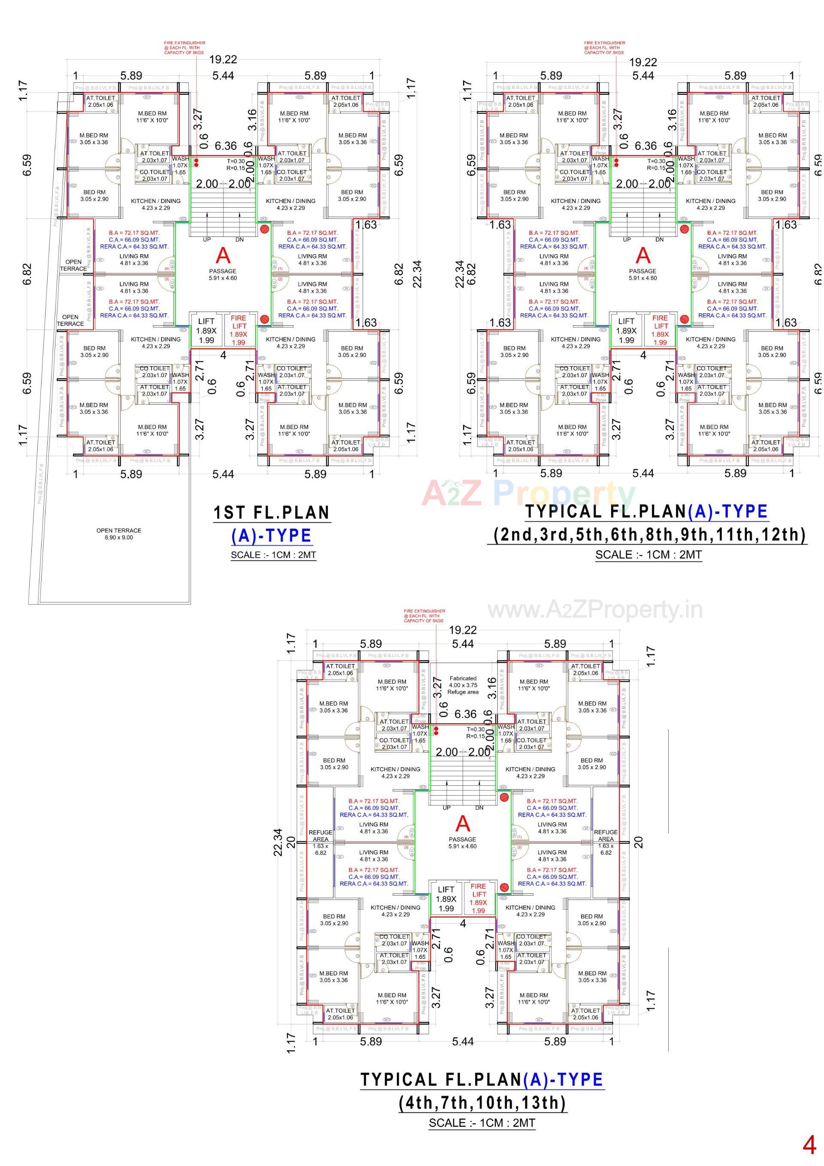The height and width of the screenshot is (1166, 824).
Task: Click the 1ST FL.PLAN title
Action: point(272,512)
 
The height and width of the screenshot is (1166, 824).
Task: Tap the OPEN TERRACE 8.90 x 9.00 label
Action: point(119,534)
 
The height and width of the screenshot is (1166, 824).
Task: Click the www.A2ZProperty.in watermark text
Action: point(595,609)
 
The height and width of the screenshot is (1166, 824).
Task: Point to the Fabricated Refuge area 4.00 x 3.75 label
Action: point(463,684)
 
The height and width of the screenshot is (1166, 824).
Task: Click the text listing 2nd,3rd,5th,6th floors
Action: point(650,534)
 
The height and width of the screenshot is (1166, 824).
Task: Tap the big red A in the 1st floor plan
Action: point(223,255)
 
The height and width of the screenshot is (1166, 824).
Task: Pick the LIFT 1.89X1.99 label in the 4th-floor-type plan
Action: point(446,898)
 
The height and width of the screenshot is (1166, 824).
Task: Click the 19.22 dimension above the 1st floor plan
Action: point(223,59)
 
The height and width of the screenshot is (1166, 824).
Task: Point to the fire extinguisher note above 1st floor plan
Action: point(185,48)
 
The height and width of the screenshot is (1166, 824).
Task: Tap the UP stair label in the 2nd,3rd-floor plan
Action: point(627,239)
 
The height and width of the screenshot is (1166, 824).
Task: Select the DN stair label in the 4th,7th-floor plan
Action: point(479,808)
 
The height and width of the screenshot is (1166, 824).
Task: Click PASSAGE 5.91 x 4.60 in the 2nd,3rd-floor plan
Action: point(642,274)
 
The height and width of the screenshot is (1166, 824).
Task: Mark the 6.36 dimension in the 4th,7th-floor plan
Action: point(465,714)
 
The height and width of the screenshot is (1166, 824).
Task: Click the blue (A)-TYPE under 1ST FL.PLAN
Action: point(271,536)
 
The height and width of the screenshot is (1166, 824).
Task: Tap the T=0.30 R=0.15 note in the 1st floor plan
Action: point(236,164)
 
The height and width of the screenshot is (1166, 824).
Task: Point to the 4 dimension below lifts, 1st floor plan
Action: point(223,355)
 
